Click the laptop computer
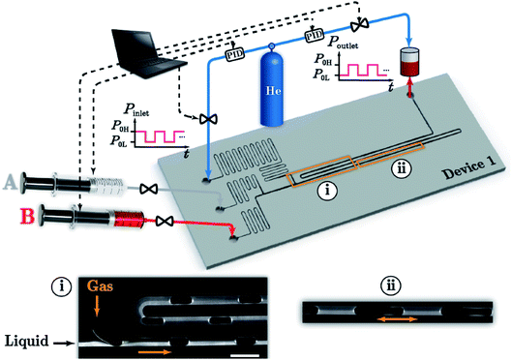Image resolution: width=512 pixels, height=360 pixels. [149, 53]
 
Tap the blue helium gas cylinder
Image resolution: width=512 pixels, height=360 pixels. [271, 85]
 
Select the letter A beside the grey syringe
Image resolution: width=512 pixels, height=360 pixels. [10, 182]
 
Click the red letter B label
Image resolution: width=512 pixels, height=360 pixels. [27, 216]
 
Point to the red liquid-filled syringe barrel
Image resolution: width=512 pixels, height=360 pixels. [128, 218]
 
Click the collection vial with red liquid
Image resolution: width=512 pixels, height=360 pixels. [409, 62]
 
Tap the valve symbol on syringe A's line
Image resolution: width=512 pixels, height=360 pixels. [149, 189]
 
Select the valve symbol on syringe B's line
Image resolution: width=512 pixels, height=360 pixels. [165, 221]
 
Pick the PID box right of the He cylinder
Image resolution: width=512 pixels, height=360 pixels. [314, 35]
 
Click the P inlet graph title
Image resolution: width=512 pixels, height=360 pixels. [136, 110]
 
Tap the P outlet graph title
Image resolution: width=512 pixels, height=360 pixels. [343, 43]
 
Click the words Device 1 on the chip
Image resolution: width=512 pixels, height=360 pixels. [468, 167]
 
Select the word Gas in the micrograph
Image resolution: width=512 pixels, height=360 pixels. [101, 285]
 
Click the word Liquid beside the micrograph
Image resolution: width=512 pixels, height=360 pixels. [27, 341]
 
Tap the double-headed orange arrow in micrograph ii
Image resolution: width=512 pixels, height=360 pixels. [397, 319]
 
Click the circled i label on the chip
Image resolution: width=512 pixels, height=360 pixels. [327, 191]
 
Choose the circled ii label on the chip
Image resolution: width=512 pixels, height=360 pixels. [401, 170]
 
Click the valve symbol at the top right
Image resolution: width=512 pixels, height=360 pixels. [359, 24]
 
